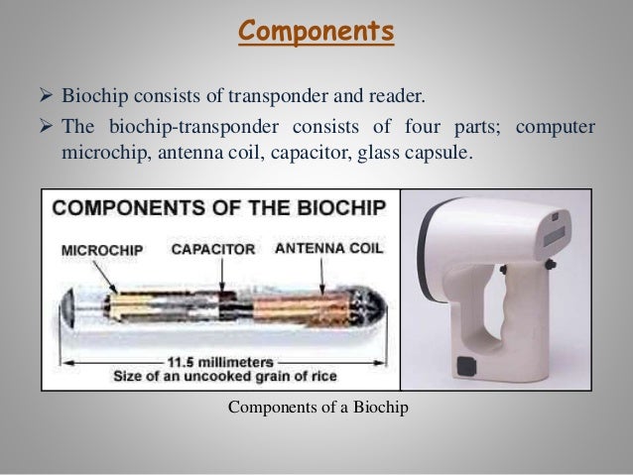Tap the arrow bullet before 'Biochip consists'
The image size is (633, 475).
tap(45, 96)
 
